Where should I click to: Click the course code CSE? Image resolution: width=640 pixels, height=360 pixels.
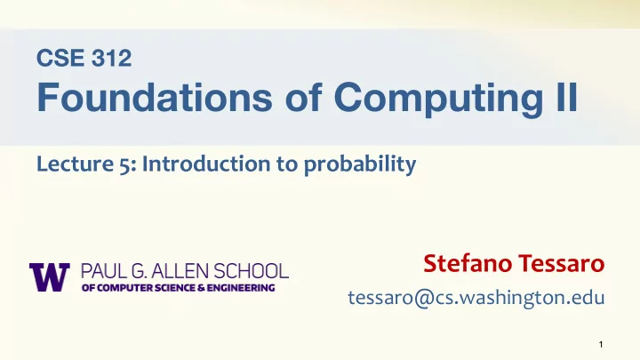[x=60, y=58]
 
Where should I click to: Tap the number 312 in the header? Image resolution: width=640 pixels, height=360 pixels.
[x=111, y=58]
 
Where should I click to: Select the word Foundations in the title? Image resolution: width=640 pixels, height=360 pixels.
[x=155, y=97]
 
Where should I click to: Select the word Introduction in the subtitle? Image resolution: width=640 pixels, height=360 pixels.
[x=206, y=164]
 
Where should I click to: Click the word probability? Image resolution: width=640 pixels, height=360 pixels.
[x=360, y=165]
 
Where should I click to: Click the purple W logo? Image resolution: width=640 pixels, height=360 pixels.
[x=50, y=277]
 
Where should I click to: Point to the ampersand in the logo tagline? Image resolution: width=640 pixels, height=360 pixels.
[x=201, y=288]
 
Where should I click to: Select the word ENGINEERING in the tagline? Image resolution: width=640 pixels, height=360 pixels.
[x=241, y=288]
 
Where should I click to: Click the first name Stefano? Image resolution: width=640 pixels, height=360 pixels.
[x=468, y=264]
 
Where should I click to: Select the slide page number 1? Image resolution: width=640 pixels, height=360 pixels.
[x=601, y=345]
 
